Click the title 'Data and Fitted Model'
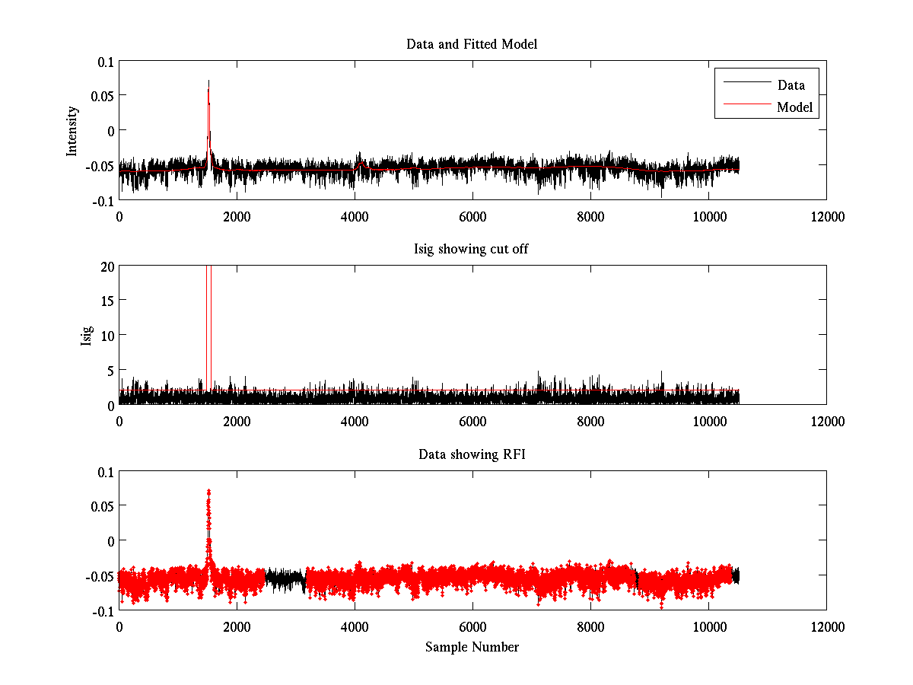472,44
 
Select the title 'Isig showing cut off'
472,250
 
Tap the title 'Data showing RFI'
472,454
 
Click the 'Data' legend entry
791,84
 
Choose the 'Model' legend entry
795,107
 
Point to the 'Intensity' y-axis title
72,130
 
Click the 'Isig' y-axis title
87,335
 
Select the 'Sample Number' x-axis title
472,647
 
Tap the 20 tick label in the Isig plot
106,266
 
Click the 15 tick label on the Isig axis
106,301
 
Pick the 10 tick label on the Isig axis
106,335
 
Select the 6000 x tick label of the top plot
472,216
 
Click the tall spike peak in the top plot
208,81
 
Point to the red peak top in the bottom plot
208,492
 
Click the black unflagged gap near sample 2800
285,580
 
